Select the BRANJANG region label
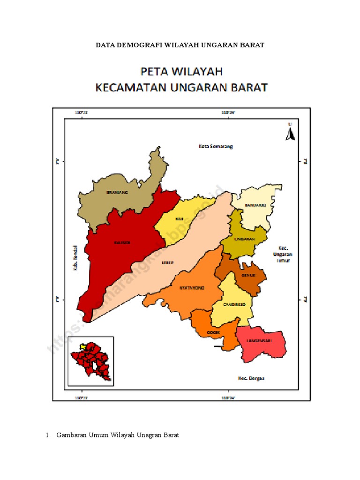[117, 192]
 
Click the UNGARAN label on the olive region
[244, 239]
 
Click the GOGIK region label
[213, 333]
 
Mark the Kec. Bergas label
[251, 378]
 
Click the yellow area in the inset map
[83, 347]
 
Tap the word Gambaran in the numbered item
[71, 435]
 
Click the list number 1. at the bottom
[48, 435]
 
